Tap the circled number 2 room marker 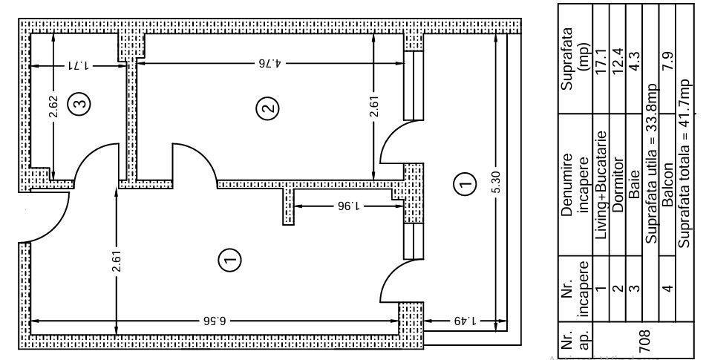click(267, 109)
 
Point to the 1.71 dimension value click(79, 65)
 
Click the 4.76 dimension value click(271, 63)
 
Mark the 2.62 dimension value click(53, 106)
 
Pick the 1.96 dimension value click(349, 206)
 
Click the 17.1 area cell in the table click(601, 62)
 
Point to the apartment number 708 click(644, 341)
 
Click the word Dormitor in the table click(618, 185)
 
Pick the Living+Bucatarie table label click(601, 185)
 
